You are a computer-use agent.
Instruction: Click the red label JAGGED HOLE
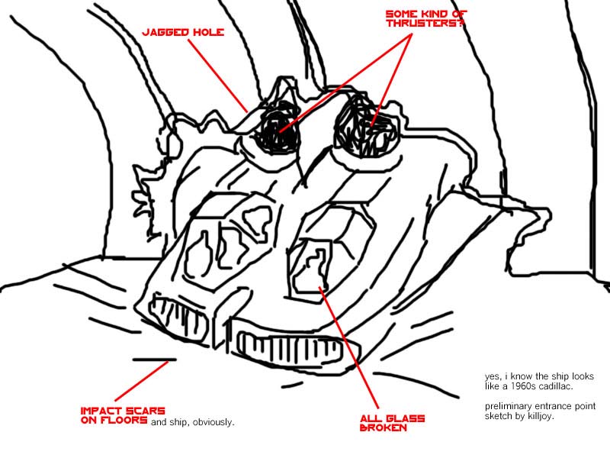pos(183,32)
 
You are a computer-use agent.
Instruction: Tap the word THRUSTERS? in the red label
pos(425,23)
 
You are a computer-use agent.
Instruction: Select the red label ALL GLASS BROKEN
pos(392,424)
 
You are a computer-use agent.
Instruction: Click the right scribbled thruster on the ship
pos(366,127)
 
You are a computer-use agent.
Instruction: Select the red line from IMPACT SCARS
pos(142,381)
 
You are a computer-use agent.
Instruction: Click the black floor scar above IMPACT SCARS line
pos(155,360)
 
